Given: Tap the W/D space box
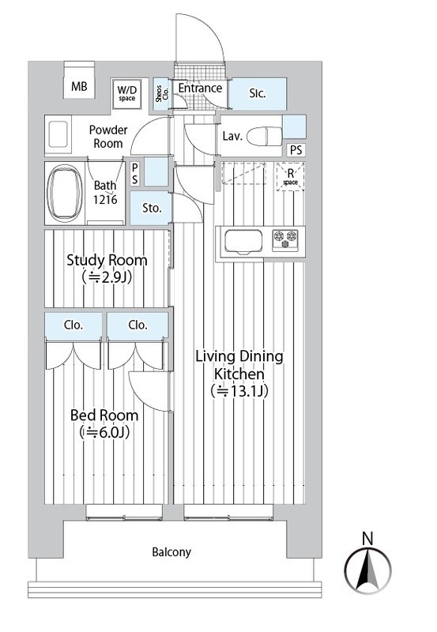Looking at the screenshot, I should point(127,93).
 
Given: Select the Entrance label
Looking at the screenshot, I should point(199,88).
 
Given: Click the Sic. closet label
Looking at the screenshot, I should point(258,94).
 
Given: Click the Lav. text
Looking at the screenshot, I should point(232,136).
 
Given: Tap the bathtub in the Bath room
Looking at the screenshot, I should point(64,193).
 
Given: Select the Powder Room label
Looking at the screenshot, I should point(106,137).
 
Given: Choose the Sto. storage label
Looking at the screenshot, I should point(152,209).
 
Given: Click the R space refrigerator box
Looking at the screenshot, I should point(291,176).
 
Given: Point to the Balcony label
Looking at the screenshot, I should point(171,552).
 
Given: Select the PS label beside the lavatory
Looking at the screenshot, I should point(295,150).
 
